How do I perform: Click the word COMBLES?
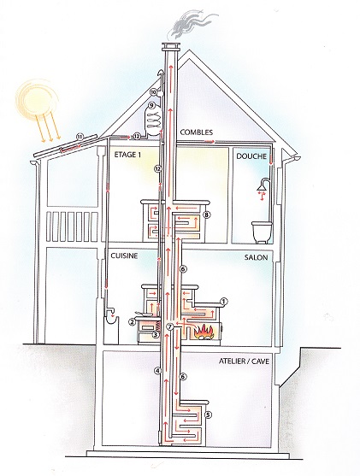tap(197, 132)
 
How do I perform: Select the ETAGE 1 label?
tap(127, 155)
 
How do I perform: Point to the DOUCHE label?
tap(251, 156)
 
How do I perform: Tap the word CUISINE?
tap(124, 256)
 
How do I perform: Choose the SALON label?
tap(256, 257)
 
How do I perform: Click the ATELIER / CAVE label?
tap(244, 361)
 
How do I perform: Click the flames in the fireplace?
tap(205, 332)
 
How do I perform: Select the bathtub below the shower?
tap(262, 232)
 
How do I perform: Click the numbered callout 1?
tap(223, 302)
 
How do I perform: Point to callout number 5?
tap(208, 414)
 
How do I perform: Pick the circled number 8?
tap(207, 215)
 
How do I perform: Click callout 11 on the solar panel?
tap(80, 136)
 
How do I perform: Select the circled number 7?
tap(170, 326)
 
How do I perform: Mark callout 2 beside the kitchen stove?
tap(132, 322)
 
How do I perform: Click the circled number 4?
tap(156, 370)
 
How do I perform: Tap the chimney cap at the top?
tap(171, 47)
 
